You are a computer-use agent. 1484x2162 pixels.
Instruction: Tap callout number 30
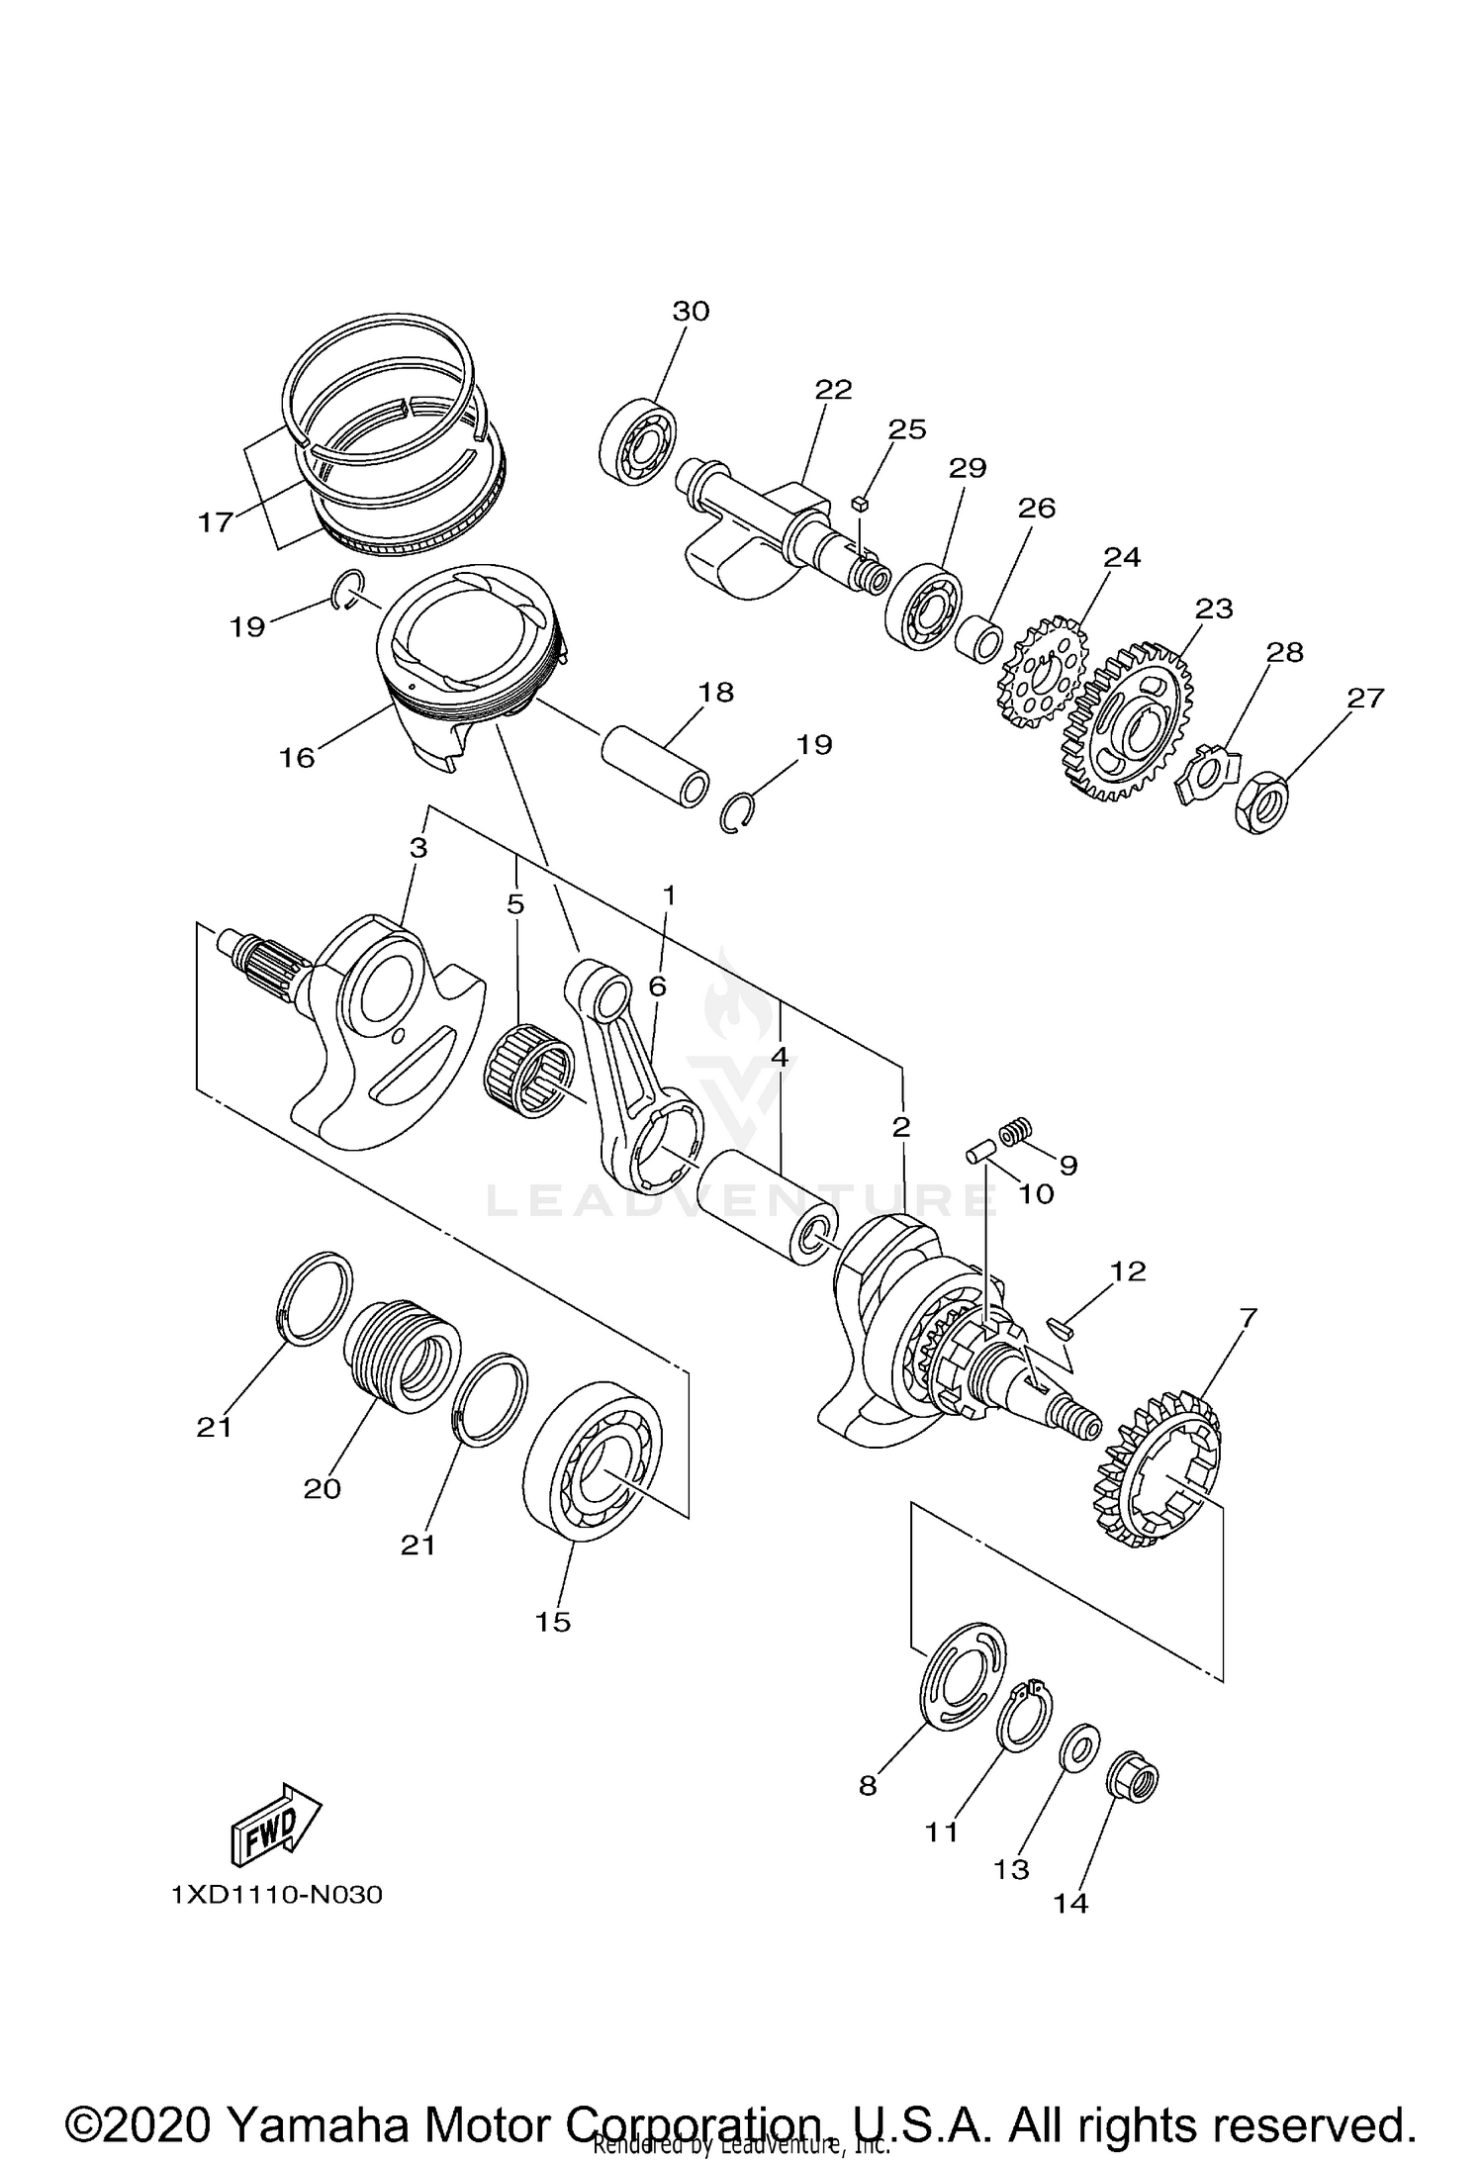pos(691,312)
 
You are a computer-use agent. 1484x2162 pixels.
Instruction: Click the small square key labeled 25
pos(859,504)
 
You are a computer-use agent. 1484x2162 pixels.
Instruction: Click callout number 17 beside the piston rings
pos(215,522)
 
